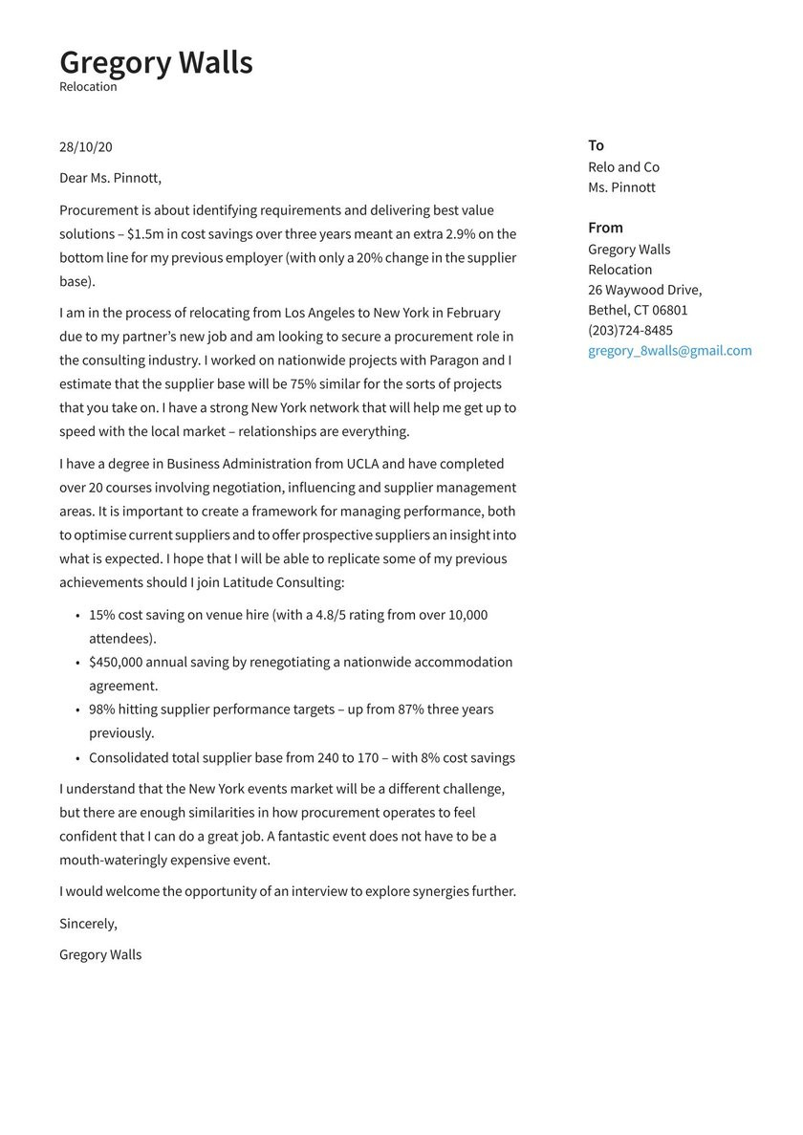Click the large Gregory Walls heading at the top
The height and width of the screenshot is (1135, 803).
(x=156, y=62)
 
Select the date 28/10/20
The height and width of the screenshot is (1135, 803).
(x=86, y=147)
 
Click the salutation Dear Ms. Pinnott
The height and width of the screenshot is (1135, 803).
(x=110, y=178)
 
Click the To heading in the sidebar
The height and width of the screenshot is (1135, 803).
(x=597, y=145)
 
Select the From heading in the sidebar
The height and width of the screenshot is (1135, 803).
(x=605, y=228)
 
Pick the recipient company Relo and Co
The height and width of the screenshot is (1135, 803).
(x=623, y=167)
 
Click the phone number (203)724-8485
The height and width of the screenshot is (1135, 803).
(x=630, y=331)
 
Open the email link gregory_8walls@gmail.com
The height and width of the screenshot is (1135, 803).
(x=669, y=351)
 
